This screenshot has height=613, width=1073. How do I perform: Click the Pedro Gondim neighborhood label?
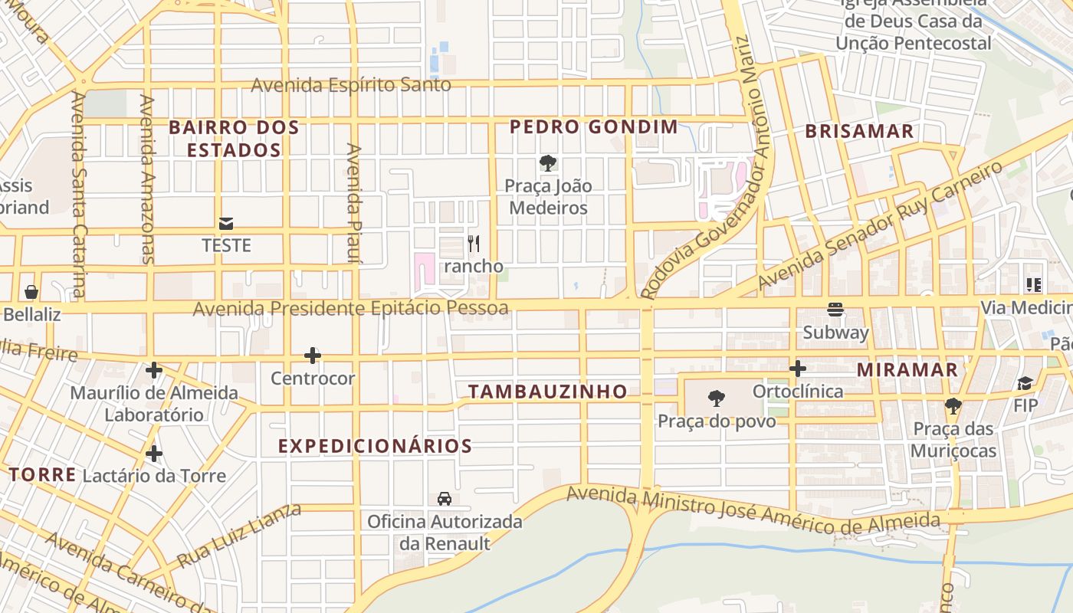(x=594, y=127)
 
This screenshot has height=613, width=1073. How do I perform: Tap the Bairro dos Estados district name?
(x=235, y=139)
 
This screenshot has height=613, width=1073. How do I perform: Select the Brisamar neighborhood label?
(x=859, y=131)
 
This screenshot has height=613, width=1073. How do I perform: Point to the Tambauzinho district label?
(x=548, y=392)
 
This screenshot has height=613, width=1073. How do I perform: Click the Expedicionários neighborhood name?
(x=375, y=446)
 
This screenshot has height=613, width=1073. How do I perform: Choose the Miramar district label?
(x=907, y=370)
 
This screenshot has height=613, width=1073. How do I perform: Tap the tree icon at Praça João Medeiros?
(x=548, y=162)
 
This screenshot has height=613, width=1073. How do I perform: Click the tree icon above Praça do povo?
(x=717, y=398)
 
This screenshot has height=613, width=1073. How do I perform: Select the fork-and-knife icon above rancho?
(x=474, y=244)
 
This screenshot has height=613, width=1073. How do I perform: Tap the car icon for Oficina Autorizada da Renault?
(x=444, y=499)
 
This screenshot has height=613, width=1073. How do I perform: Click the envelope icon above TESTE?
(x=226, y=224)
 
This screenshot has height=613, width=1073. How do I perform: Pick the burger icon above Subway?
(x=835, y=310)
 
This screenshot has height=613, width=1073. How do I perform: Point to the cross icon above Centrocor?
(x=312, y=356)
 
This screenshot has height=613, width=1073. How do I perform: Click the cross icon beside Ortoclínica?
(x=798, y=369)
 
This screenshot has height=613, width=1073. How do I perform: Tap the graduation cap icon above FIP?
(x=1025, y=383)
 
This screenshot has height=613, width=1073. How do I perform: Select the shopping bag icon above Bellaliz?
(x=31, y=292)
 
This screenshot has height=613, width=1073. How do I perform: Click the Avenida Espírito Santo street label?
(x=351, y=84)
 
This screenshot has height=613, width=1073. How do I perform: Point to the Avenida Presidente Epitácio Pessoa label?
(x=350, y=308)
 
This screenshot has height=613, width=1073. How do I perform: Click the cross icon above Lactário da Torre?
(x=154, y=454)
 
